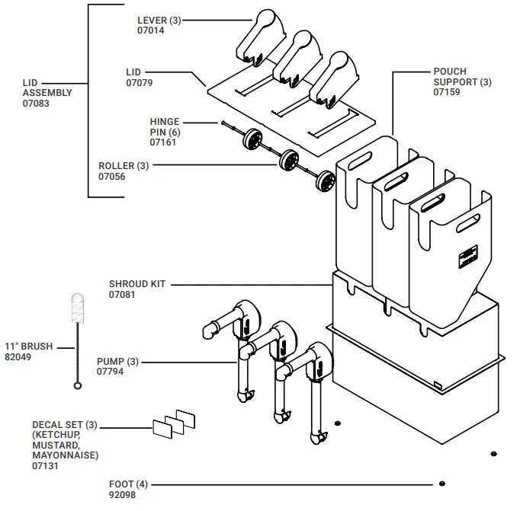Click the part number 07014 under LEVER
click(x=150, y=30)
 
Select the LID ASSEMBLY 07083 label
click(x=47, y=92)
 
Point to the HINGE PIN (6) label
click(x=165, y=131)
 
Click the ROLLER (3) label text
click(x=124, y=165)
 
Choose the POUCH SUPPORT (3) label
click(x=462, y=81)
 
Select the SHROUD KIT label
click(x=137, y=284)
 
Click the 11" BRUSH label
click(x=29, y=346)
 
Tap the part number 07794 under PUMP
click(x=111, y=372)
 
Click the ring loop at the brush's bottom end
click(x=77, y=386)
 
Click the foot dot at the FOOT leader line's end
click(x=441, y=484)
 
